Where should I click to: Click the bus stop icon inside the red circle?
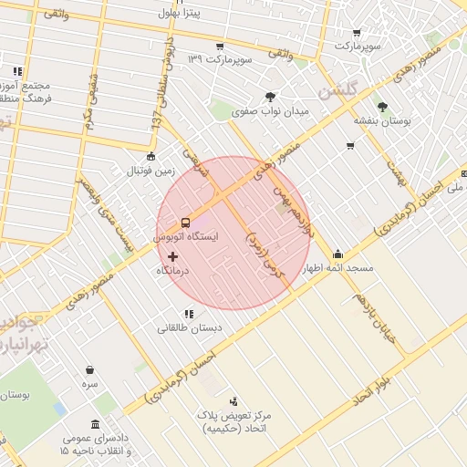(x=185, y=222)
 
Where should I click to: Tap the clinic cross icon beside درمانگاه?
(x=173, y=257)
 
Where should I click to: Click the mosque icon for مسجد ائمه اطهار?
(x=337, y=254)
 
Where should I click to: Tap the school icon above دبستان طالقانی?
(x=188, y=314)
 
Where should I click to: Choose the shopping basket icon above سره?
(x=89, y=370)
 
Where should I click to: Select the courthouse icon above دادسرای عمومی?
(x=96, y=424)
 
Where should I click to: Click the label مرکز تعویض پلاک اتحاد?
(x=239, y=421)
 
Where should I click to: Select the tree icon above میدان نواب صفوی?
(x=270, y=97)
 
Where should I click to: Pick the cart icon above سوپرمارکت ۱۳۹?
(x=219, y=47)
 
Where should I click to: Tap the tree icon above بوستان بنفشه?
(x=382, y=106)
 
